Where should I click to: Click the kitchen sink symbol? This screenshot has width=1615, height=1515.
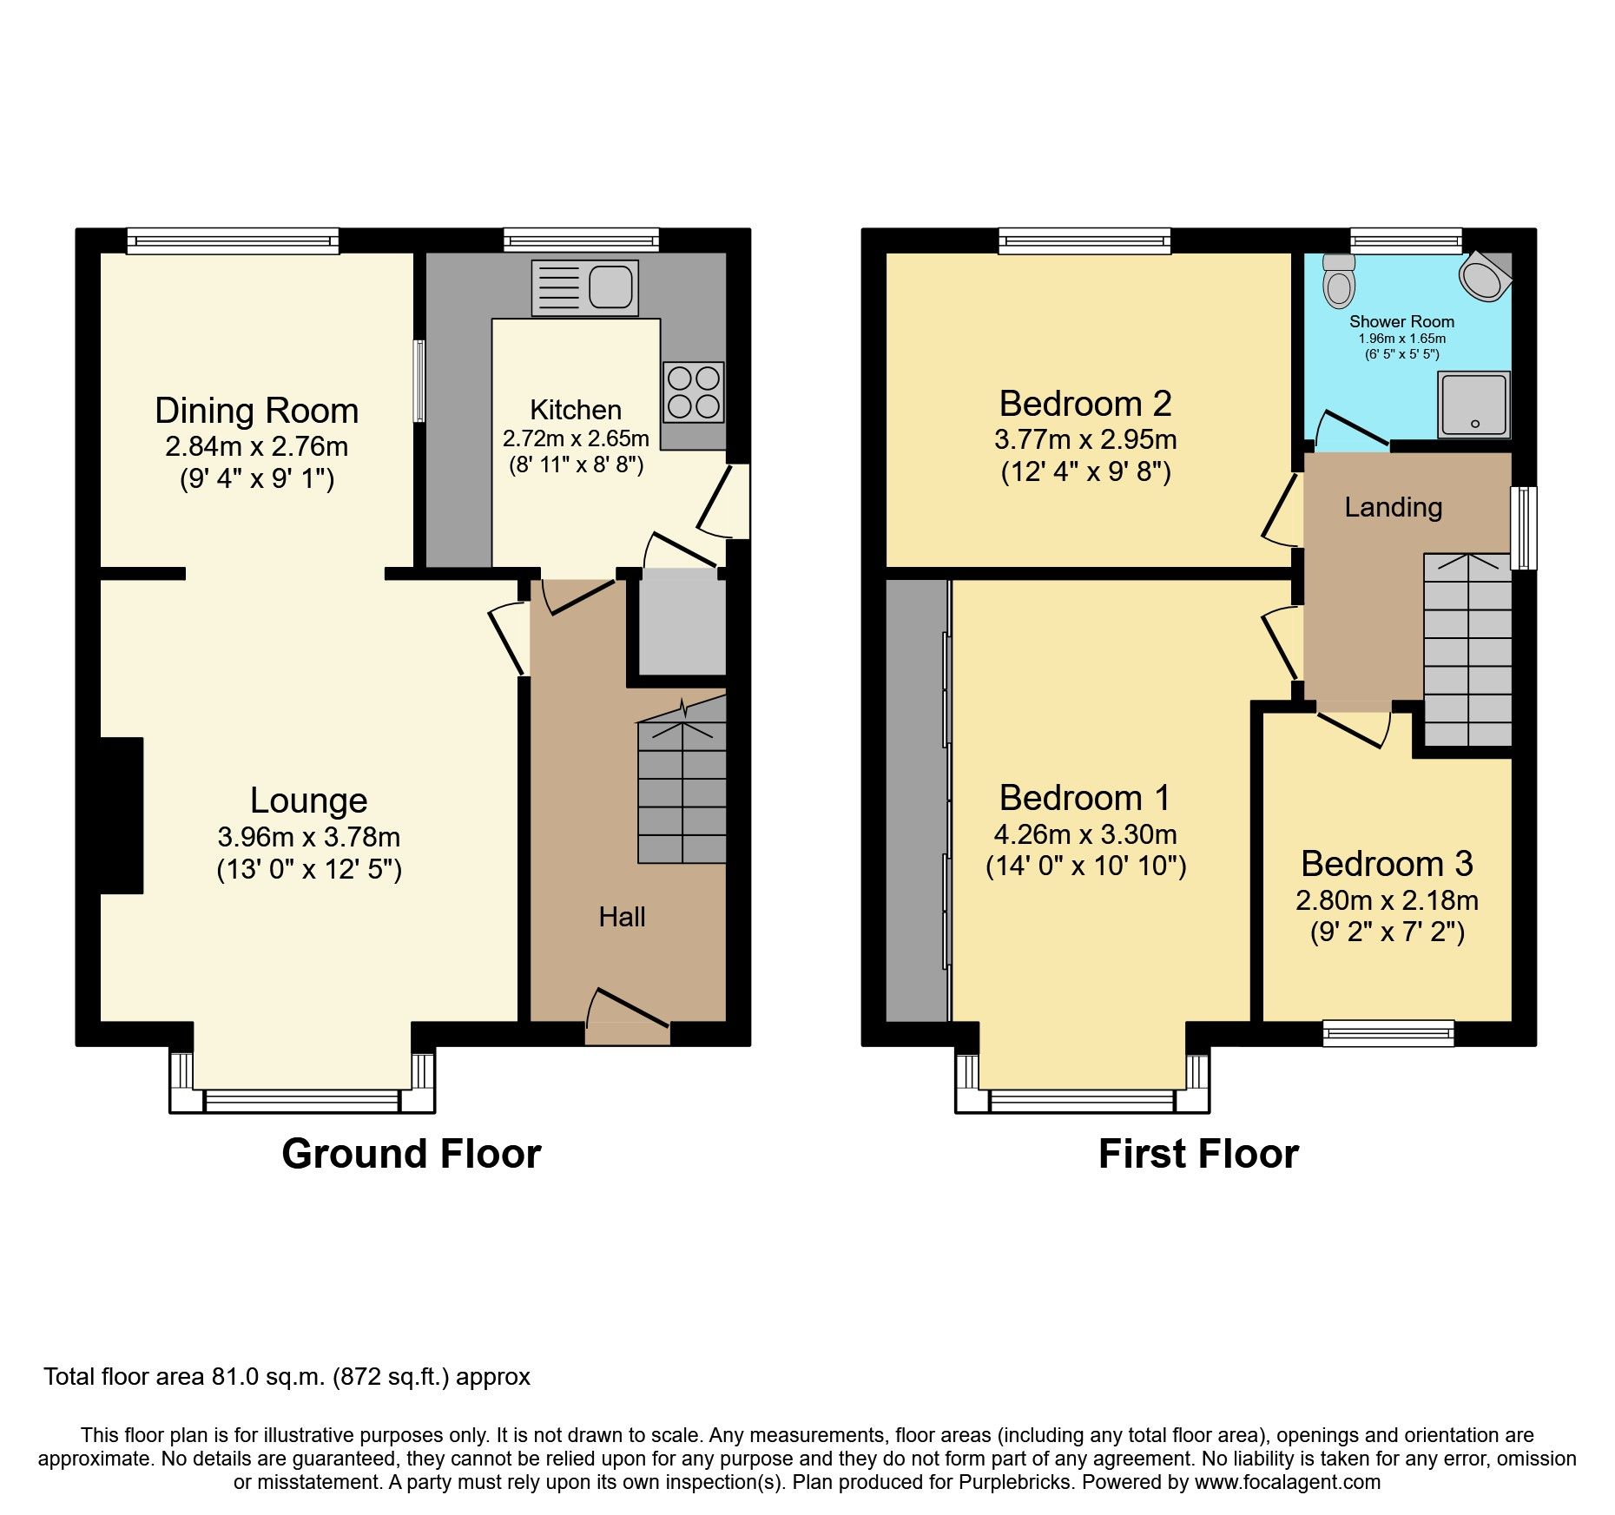[584, 287]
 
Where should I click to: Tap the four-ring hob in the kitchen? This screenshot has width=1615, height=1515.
[693, 392]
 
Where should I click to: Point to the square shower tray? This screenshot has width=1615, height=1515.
[1473, 405]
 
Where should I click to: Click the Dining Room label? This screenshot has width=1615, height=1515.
[256, 411]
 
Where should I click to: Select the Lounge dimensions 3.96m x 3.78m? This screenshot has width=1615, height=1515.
[308, 837]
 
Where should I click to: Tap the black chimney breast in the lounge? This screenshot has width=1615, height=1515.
[121, 814]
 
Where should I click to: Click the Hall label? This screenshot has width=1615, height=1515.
[622, 917]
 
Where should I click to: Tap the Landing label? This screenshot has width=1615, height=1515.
[1393, 507]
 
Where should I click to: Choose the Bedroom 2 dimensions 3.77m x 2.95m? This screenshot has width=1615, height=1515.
[1085, 439]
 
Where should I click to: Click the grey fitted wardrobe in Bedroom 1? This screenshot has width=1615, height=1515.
[916, 799]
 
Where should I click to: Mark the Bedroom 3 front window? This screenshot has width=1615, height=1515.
[1388, 1031]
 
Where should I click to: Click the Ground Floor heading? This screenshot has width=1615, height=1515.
[411, 1154]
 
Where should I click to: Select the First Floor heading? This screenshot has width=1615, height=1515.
[1197, 1154]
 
